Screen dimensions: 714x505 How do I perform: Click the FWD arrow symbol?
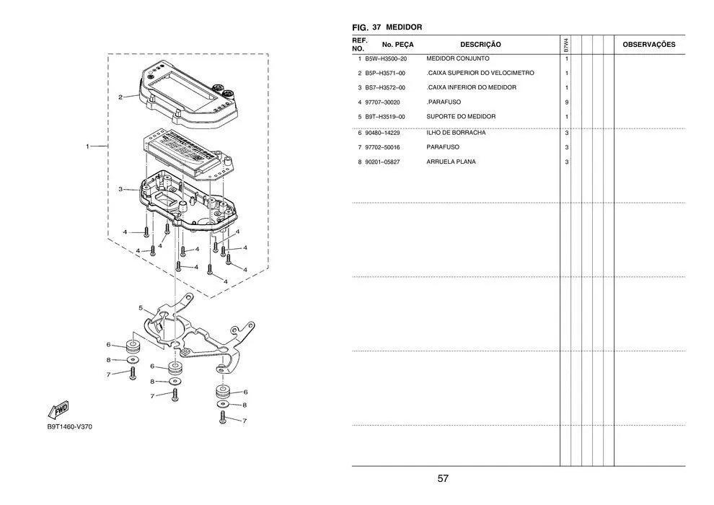click(x=58, y=410)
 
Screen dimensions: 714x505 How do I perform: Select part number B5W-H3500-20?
click(x=386, y=58)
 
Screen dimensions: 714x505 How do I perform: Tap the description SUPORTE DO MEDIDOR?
click(x=461, y=117)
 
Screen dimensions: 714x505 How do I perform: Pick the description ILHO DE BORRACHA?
click(x=456, y=133)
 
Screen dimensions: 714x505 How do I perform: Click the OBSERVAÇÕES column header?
click(x=649, y=45)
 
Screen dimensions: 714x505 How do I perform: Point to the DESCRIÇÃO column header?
click(x=480, y=45)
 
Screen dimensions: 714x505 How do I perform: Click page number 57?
click(x=443, y=478)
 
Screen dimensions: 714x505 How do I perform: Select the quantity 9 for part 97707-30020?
click(x=566, y=102)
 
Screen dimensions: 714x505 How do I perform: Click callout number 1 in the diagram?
click(x=87, y=146)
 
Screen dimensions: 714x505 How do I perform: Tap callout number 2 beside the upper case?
click(x=120, y=97)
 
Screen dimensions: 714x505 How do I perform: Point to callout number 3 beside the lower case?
click(x=120, y=189)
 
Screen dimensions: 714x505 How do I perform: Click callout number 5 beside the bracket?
click(x=141, y=308)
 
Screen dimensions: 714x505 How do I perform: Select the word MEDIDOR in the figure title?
click(x=404, y=27)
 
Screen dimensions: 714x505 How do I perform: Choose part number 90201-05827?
click(x=382, y=162)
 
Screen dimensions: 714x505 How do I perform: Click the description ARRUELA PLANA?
click(x=451, y=162)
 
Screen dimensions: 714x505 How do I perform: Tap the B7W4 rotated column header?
click(x=565, y=45)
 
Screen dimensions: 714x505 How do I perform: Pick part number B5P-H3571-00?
click(x=385, y=74)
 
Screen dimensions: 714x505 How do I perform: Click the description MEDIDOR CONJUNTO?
click(x=458, y=58)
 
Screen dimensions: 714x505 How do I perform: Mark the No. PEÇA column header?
click(x=398, y=45)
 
